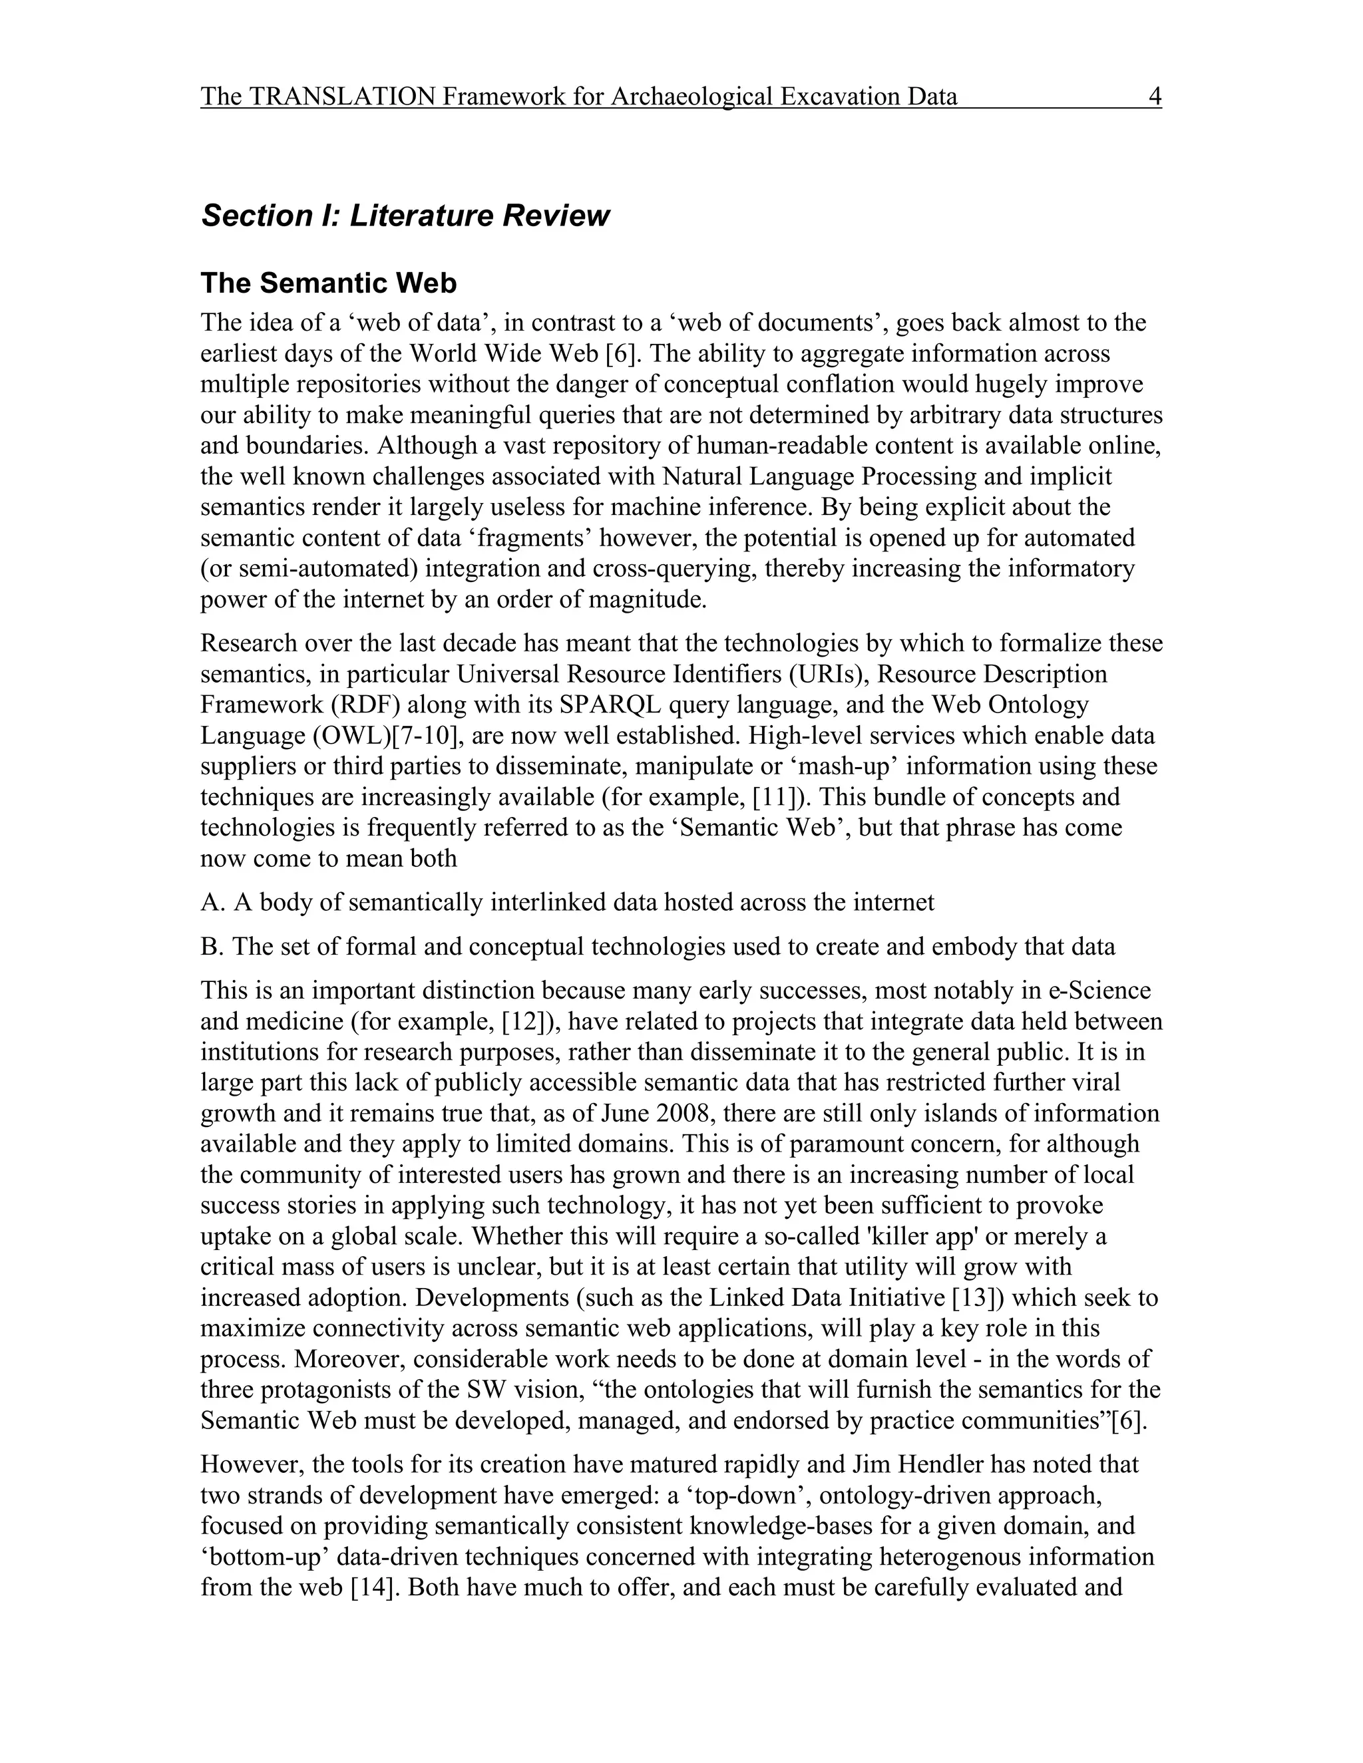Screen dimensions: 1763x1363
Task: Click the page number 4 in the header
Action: [x=1154, y=97]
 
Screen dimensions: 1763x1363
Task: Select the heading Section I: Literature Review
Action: [x=405, y=216]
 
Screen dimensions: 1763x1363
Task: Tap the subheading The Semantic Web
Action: [x=328, y=283]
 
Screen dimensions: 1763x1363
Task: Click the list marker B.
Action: [x=212, y=946]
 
